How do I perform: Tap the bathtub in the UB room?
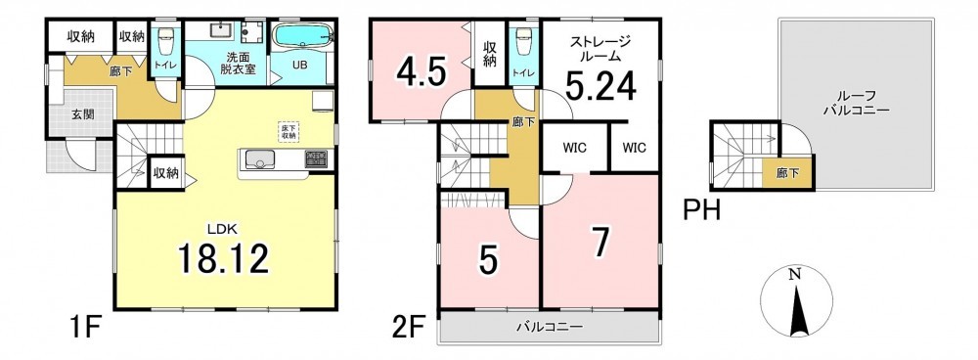coord(302,36)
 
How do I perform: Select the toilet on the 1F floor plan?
coord(165,42)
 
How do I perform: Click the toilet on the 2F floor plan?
coord(524,42)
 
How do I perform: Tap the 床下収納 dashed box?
coord(289,132)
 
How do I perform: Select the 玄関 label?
coord(79,114)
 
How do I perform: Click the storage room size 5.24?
coord(600,85)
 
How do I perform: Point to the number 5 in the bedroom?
coord(489,260)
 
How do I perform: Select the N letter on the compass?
coord(794,274)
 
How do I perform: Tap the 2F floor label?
coord(410,327)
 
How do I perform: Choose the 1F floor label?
coord(84,327)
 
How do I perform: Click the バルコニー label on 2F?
coord(549,327)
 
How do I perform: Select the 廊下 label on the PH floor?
coord(787,173)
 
